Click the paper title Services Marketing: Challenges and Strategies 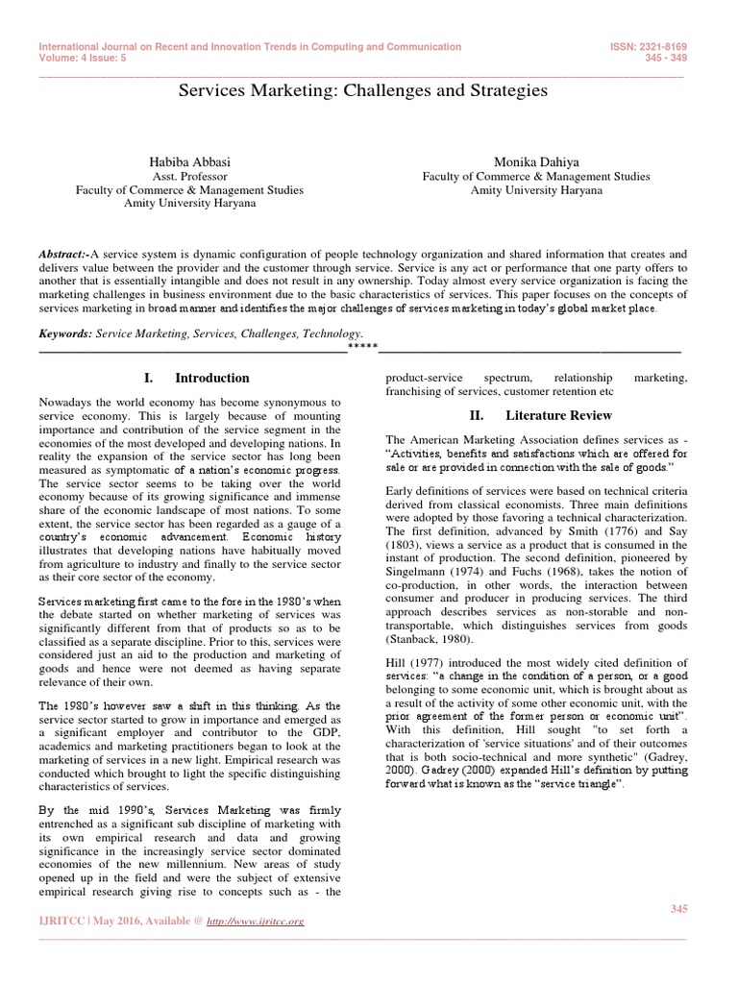[x=362, y=90]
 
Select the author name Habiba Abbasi [x=189, y=162]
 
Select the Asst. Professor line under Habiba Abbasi [x=189, y=177]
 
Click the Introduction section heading [x=211, y=378]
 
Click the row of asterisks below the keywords [x=362, y=346]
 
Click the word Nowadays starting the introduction [x=66, y=400]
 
